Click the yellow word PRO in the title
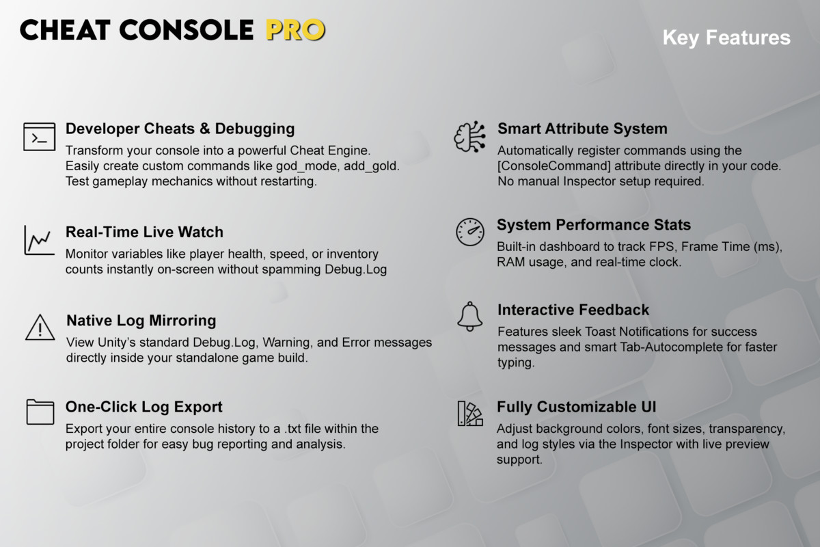pyautogui.click(x=295, y=30)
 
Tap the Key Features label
pyautogui.click(x=726, y=38)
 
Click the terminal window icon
pyautogui.click(x=40, y=137)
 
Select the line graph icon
pyautogui.click(x=40, y=241)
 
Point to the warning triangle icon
pyautogui.click(x=40, y=327)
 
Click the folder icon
pyautogui.click(x=40, y=412)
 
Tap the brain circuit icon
pyautogui.click(x=470, y=136)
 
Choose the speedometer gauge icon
pyautogui.click(x=470, y=232)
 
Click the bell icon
pyautogui.click(x=470, y=317)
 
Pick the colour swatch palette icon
pyautogui.click(x=470, y=413)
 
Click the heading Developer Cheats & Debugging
pyautogui.click(x=180, y=129)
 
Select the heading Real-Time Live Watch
pyautogui.click(x=144, y=232)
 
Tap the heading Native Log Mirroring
pyautogui.click(x=141, y=321)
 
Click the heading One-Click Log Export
pyautogui.click(x=144, y=407)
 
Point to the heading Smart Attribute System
pyautogui.click(x=582, y=129)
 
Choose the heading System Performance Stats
pyautogui.click(x=594, y=225)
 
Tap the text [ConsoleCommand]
pyautogui.click(x=554, y=166)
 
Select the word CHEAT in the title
pyautogui.click(x=65, y=30)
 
